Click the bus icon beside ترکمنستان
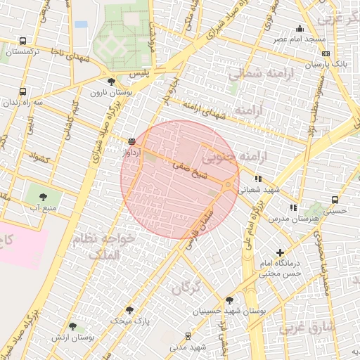click(x=23, y=41)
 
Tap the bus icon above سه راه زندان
click(x=23, y=91)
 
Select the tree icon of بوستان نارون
click(x=111, y=82)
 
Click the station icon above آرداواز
click(x=131, y=141)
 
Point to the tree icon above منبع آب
click(x=44, y=198)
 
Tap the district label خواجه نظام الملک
click(x=105, y=245)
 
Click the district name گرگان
click(x=186, y=287)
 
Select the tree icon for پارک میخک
click(x=129, y=309)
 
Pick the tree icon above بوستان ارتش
click(x=72, y=327)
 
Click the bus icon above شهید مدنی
click(x=187, y=336)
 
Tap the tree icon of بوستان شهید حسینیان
click(x=229, y=300)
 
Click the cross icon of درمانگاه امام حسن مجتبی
click(x=281, y=252)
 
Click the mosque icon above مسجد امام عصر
click(x=300, y=29)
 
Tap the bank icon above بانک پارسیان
click(x=326, y=53)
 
